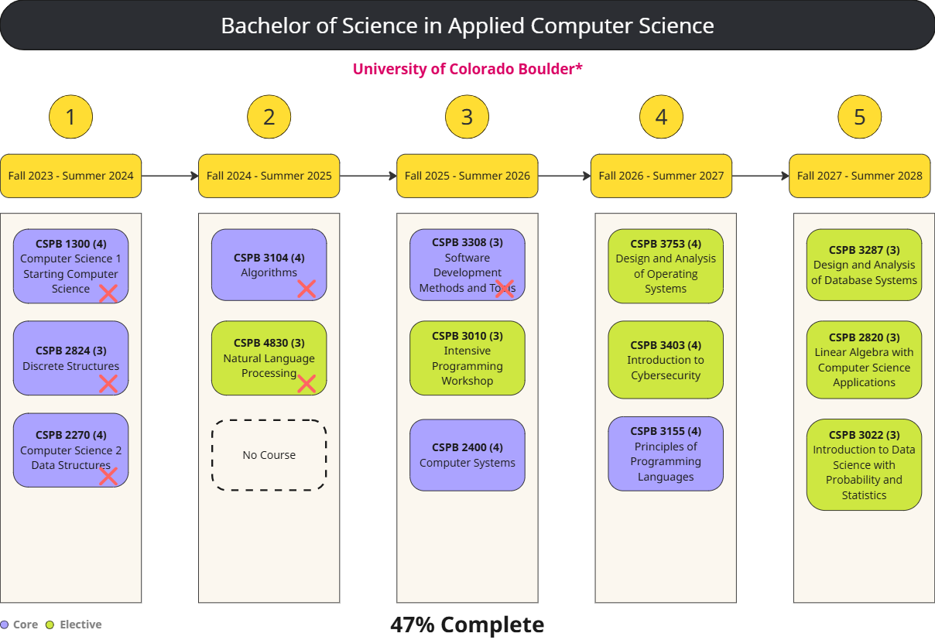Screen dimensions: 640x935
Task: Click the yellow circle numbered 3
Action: [467, 118]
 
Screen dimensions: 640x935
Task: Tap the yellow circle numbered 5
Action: [859, 118]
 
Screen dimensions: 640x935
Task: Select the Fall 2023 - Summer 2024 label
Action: [70, 176]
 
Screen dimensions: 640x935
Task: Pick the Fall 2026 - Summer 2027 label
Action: [661, 176]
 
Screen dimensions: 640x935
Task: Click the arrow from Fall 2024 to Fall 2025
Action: [368, 176]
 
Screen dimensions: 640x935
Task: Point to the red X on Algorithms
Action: [307, 289]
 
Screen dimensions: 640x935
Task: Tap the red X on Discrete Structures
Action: [108, 383]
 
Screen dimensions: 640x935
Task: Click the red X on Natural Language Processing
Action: [307, 383]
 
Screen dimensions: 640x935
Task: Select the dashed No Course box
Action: [269, 455]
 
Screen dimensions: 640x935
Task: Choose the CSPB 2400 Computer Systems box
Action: [467, 455]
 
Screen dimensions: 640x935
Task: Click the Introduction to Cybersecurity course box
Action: [666, 360]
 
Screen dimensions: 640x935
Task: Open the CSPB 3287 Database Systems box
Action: [864, 265]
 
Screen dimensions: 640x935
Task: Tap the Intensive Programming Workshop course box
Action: [467, 358]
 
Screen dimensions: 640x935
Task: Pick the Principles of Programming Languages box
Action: [666, 453]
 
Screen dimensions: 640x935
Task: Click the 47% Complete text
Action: [467, 625]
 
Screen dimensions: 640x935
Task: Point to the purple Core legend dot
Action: [5, 625]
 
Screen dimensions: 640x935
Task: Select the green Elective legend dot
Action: [50, 625]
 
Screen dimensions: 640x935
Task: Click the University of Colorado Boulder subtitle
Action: [467, 69]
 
